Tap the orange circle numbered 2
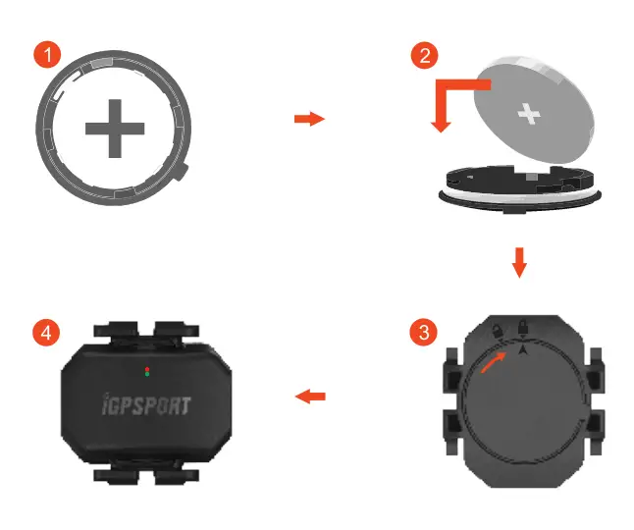point(423,55)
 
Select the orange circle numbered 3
point(423,332)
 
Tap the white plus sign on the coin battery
point(530,116)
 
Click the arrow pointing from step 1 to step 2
point(309,119)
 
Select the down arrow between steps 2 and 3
point(520,262)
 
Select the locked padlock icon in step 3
point(524,326)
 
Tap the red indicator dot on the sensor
point(146,370)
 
